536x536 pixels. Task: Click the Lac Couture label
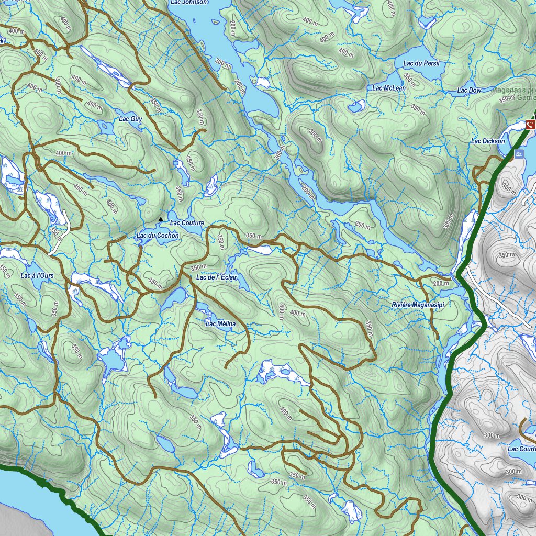pyautogui.click(x=186, y=223)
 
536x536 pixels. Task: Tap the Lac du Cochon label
pyautogui.click(x=158, y=236)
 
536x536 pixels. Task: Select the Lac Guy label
pyautogui.click(x=130, y=119)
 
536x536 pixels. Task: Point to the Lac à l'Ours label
pyautogui.click(x=37, y=275)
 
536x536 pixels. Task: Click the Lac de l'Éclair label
pyautogui.click(x=217, y=277)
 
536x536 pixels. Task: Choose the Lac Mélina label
pyautogui.click(x=220, y=324)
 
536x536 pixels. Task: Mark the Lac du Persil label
pyautogui.click(x=421, y=63)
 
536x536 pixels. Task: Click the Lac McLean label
pyautogui.click(x=389, y=88)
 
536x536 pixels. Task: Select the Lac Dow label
pyautogui.click(x=469, y=91)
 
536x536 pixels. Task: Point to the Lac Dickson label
pyautogui.click(x=488, y=141)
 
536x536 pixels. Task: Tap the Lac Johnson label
pyautogui.click(x=188, y=2)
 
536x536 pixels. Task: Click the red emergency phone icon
pyautogui.click(x=531, y=124)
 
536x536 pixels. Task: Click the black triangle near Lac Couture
pyautogui.click(x=161, y=219)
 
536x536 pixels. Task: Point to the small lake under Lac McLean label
pyautogui.click(x=356, y=106)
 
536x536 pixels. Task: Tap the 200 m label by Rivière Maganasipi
pyautogui.click(x=441, y=283)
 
